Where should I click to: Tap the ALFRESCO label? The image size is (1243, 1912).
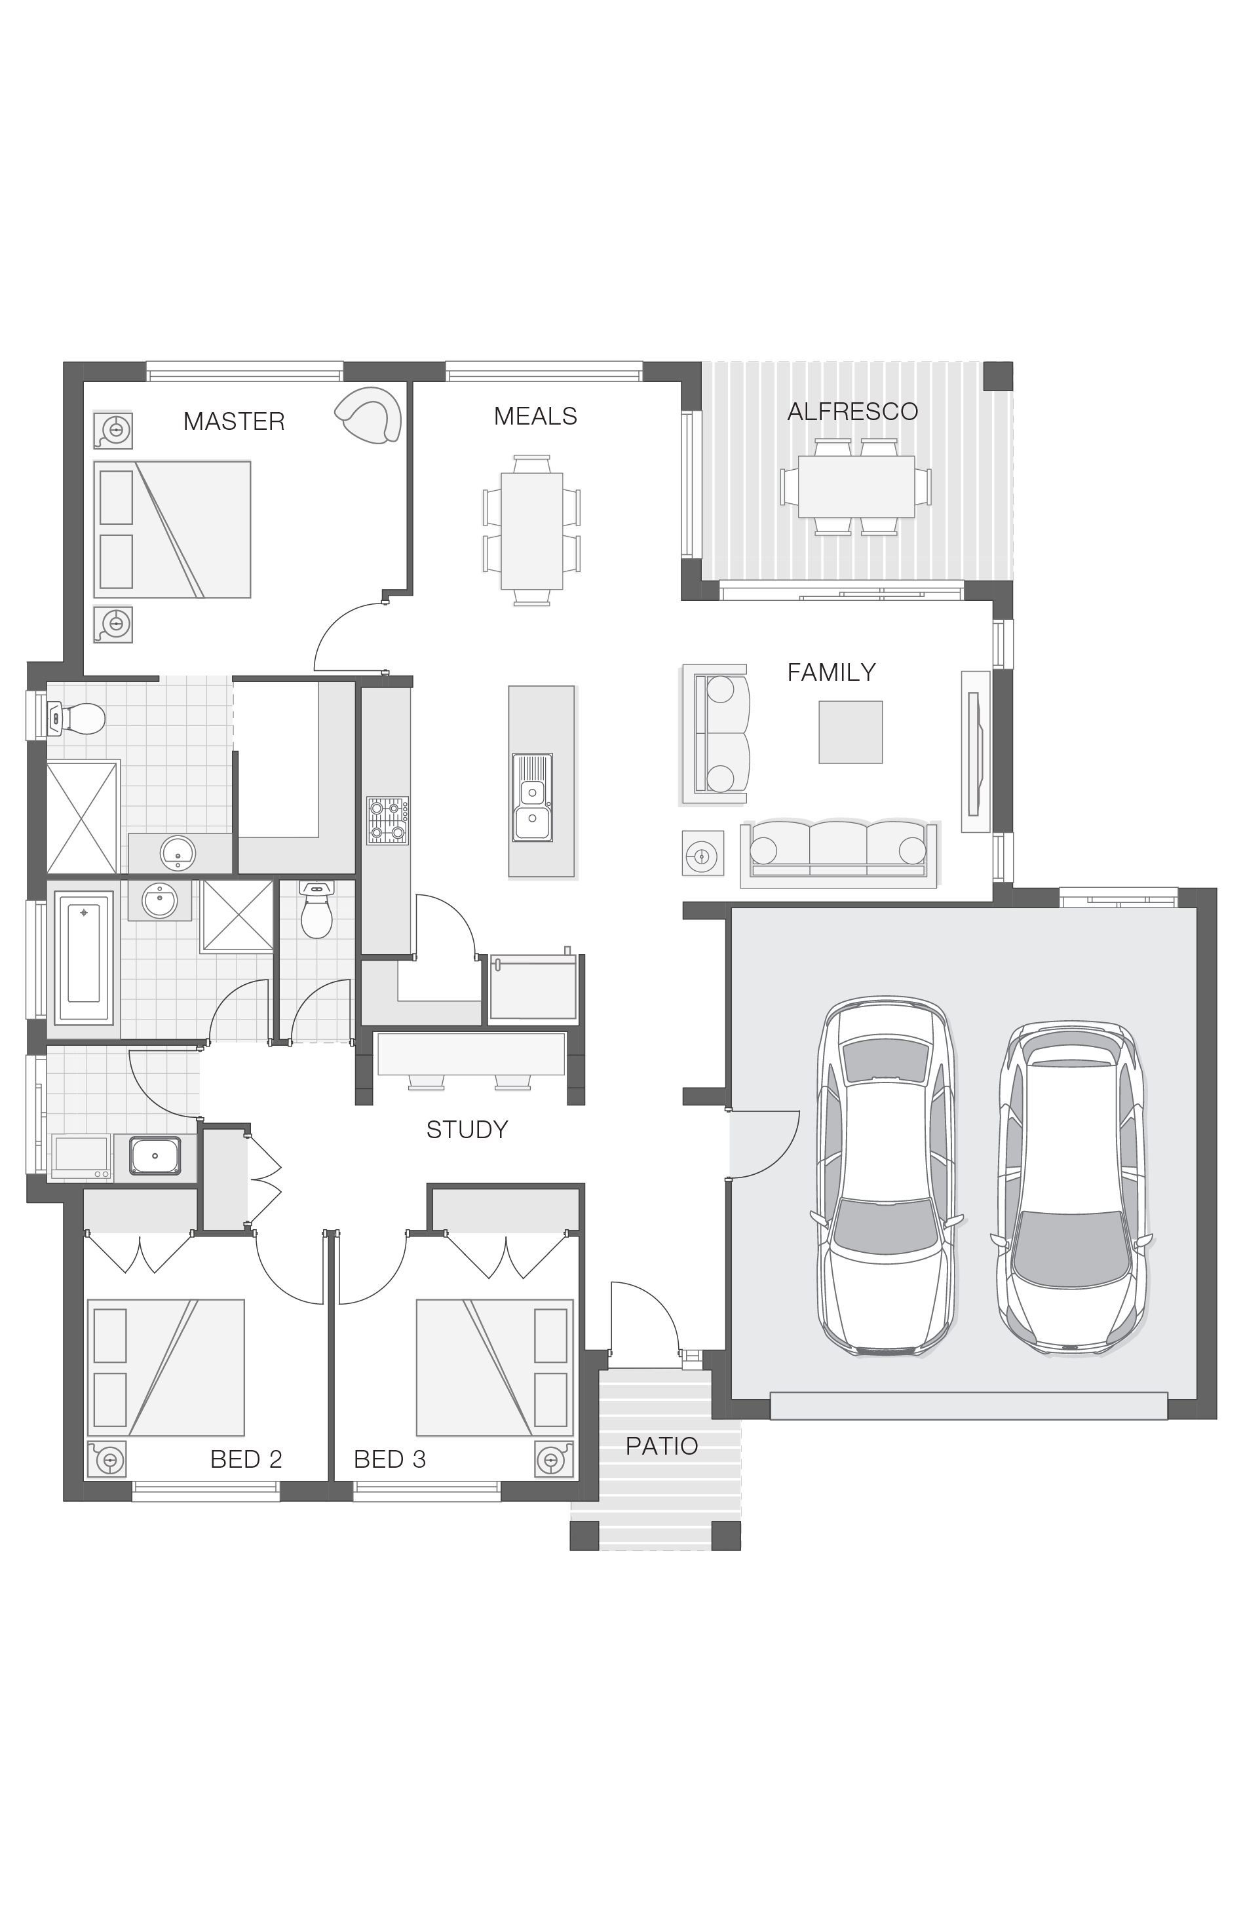pyautogui.click(x=852, y=411)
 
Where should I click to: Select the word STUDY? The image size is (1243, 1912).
pyautogui.click(x=467, y=1130)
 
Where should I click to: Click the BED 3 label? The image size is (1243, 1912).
pyautogui.click(x=390, y=1459)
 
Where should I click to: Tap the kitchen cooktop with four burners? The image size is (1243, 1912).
pyautogui.click(x=387, y=820)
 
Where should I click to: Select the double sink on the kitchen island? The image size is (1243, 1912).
pyautogui.click(x=532, y=797)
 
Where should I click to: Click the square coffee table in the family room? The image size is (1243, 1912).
pyautogui.click(x=850, y=732)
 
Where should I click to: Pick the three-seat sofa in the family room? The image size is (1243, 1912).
pyautogui.click(x=839, y=852)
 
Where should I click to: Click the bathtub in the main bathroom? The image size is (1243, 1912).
pyautogui.click(x=84, y=956)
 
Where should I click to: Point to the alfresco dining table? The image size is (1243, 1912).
pyautogui.click(x=856, y=487)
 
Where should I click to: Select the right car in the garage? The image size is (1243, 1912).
pyautogui.click(x=1072, y=1187)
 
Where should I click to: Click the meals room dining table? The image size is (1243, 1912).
pyautogui.click(x=532, y=531)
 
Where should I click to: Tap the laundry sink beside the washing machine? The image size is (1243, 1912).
pyautogui.click(x=155, y=1155)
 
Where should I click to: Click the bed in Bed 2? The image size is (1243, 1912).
pyautogui.click(x=166, y=1367)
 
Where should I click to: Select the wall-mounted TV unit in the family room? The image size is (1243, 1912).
pyautogui.click(x=976, y=751)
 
